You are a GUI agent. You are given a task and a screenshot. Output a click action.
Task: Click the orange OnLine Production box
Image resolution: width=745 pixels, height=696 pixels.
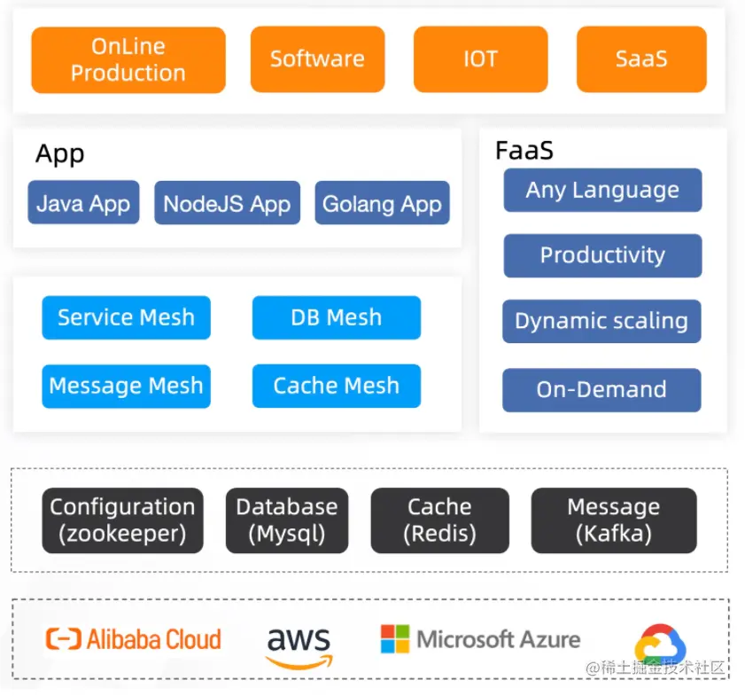(x=128, y=59)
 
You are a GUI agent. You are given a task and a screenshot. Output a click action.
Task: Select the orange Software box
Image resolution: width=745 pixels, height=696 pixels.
(x=317, y=59)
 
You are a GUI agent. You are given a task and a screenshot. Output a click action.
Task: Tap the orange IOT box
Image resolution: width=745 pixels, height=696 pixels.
(x=480, y=59)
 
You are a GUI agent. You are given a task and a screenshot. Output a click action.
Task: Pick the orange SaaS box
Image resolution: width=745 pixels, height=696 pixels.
(x=641, y=59)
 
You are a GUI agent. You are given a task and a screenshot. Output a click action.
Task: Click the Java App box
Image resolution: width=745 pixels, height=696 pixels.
(x=83, y=203)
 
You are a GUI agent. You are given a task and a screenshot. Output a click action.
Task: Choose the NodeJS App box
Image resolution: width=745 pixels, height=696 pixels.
(x=227, y=203)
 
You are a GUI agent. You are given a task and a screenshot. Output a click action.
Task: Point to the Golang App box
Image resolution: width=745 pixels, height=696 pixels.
(x=382, y=203)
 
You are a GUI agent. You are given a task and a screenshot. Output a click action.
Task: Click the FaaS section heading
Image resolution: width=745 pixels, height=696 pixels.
(x=524, y=151)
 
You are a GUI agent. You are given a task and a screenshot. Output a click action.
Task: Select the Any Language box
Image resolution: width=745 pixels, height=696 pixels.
(x=602, y=190)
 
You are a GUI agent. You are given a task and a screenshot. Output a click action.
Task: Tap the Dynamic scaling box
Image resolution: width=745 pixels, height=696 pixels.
(x=601, y=321)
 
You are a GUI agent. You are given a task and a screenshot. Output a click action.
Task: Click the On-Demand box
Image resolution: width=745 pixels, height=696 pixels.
(x=601, y=389)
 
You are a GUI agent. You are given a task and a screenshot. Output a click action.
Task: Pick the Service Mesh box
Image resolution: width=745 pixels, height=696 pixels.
(x=126, y=317)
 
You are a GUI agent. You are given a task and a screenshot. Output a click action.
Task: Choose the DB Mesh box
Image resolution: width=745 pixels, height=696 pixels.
(x=336, y=317)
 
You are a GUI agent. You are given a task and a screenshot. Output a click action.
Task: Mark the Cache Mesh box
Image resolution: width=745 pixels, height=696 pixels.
(x=336, y=386)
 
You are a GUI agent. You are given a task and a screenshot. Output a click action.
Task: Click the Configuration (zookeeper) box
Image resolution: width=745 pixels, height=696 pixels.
(x=122, y=520)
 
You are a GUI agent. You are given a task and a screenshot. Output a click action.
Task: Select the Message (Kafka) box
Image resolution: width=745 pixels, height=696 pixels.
(x=613, y=520)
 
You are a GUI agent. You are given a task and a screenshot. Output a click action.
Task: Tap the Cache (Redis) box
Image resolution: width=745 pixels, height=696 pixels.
(x=439, y=520)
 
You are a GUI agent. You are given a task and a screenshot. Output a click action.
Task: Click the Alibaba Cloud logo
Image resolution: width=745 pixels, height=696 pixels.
(x=134, y=639)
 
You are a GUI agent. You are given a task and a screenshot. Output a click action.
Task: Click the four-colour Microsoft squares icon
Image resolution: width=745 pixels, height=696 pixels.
(x=395, y=639)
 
